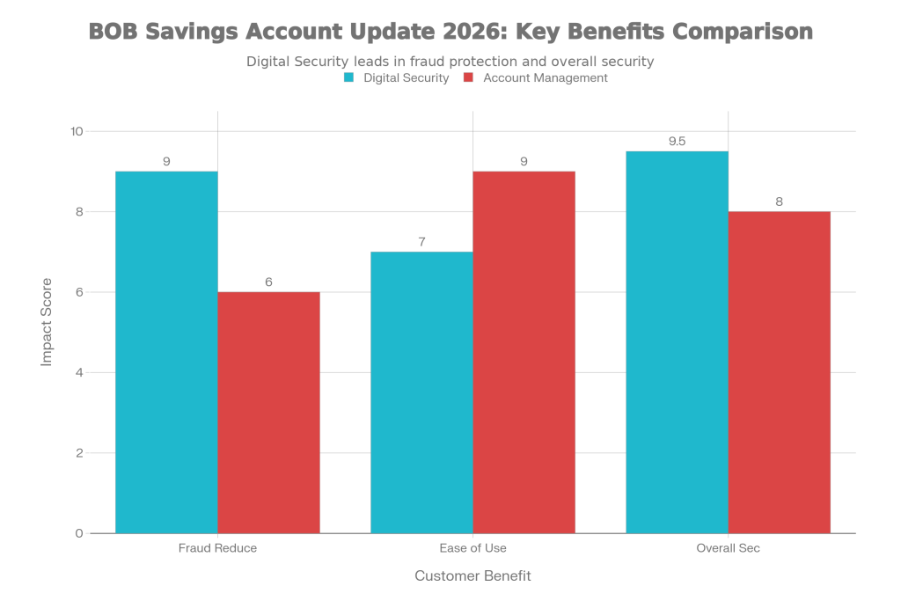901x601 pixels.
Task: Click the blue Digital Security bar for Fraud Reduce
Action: point(166,352)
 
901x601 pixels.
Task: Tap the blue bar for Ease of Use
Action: point(421,392)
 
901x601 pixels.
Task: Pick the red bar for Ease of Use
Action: point(524,352)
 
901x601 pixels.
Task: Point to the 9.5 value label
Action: point(677,142)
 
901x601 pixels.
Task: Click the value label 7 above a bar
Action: point(421,241)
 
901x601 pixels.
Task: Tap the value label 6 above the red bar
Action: point(269,282)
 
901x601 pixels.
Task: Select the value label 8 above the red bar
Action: point(780,202)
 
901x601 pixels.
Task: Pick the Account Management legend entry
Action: point(536,78)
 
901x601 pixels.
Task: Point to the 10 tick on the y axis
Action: point(77,131)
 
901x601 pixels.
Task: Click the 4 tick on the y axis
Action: point(79,372)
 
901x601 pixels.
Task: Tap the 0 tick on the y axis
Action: point(79,533)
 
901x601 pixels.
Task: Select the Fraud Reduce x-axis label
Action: point(217,548)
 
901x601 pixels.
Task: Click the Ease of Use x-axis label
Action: point(473,548)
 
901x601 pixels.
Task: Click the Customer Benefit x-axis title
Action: point(472,576)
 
